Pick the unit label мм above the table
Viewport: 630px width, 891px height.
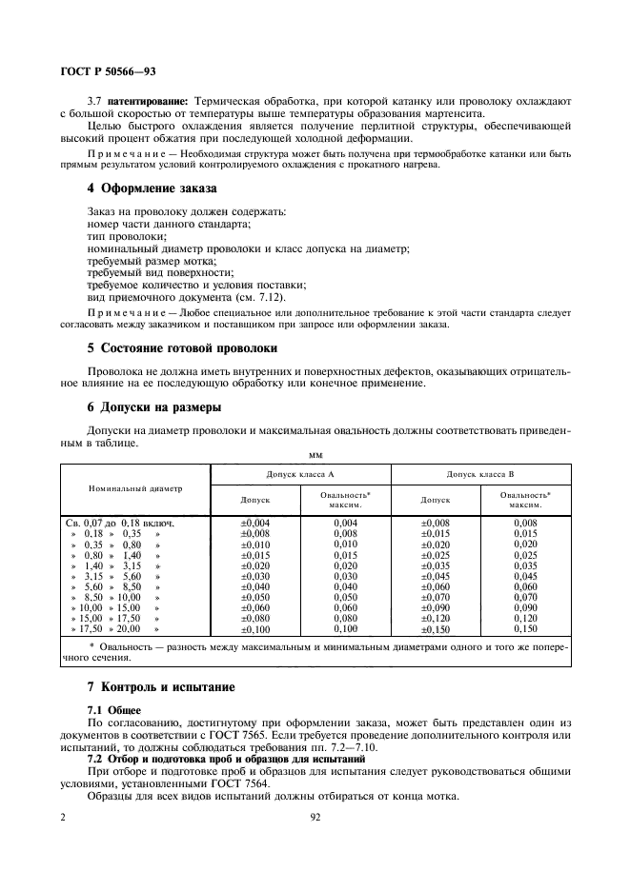(x=315, y=454)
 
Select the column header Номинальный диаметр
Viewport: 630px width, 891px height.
(x=135, y=487)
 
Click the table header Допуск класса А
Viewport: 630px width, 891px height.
(x=300, y=473)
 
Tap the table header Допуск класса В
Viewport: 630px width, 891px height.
(x=480, y=473)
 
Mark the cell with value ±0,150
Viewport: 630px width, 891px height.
(x=436, y=629)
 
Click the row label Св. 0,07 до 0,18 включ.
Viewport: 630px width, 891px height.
(x=118, y=523)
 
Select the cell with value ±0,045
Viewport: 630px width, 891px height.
(x=436, y=576)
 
